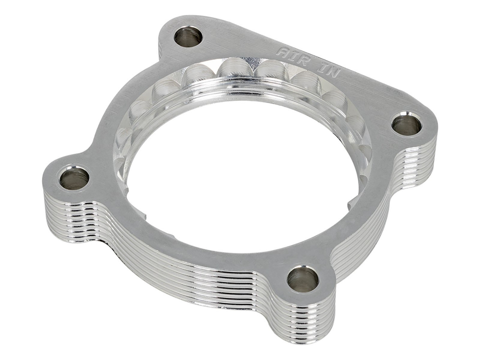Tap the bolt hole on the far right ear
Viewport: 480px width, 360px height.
coord(406,125)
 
